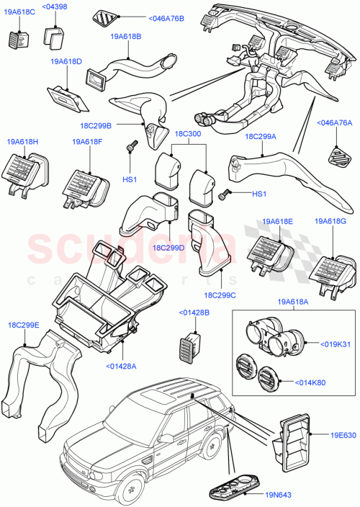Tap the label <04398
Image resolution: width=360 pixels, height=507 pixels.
tap(55, 7)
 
